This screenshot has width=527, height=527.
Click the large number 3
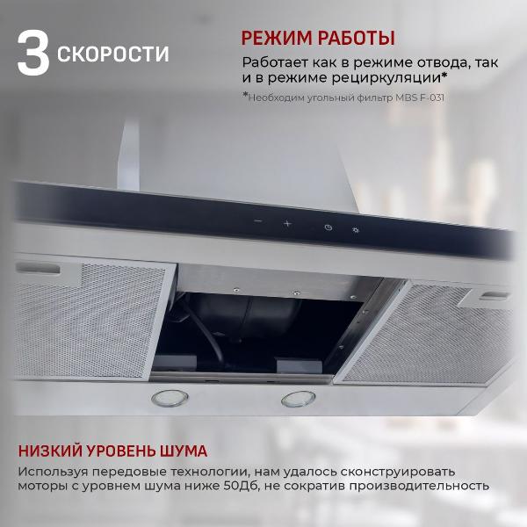click(32, 55)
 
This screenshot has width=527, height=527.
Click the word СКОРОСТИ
click(113, 55)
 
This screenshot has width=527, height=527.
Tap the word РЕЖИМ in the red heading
click(278, 39)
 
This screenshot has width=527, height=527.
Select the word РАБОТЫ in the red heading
click(357, 39)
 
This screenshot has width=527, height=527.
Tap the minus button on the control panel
click(257, 222)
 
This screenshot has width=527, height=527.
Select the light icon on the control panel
click(356, 231)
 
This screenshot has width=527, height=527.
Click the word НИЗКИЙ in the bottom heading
click(50, 452)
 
